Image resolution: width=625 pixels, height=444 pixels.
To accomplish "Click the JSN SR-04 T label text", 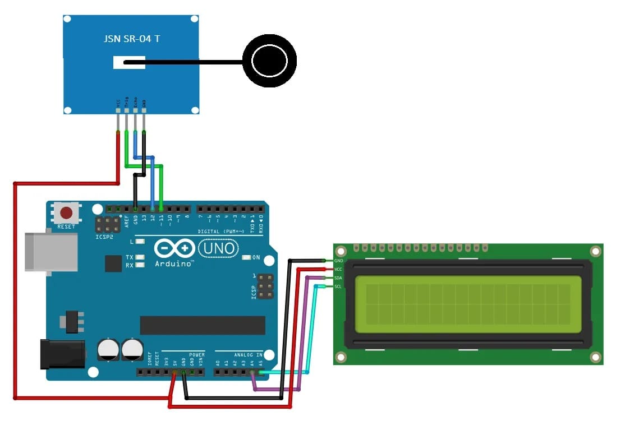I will [132, 39].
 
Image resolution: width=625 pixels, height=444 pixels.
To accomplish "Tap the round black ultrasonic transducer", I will [269, 61].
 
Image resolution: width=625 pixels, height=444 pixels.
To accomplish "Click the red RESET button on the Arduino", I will [67, 213].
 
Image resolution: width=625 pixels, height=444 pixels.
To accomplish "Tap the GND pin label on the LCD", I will [338, 261].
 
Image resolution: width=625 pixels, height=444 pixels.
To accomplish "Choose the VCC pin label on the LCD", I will [338, 269].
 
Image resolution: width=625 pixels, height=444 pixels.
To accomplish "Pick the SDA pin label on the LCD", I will [338, 278].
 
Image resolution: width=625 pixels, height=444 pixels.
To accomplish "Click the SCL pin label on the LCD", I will [338, 286].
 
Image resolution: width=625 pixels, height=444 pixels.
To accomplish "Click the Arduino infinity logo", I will [174, 248].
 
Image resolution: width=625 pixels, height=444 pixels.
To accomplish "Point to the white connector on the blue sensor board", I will [129, 62].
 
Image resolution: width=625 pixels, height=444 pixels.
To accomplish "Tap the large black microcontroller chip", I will [202, 325].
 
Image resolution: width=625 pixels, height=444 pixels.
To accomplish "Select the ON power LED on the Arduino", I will [246, 258].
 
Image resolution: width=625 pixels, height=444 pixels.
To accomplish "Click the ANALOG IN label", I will [247, 354].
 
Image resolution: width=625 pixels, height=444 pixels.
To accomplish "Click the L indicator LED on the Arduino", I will [140, 242].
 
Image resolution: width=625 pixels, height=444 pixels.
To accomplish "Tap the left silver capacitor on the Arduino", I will [108, 349].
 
